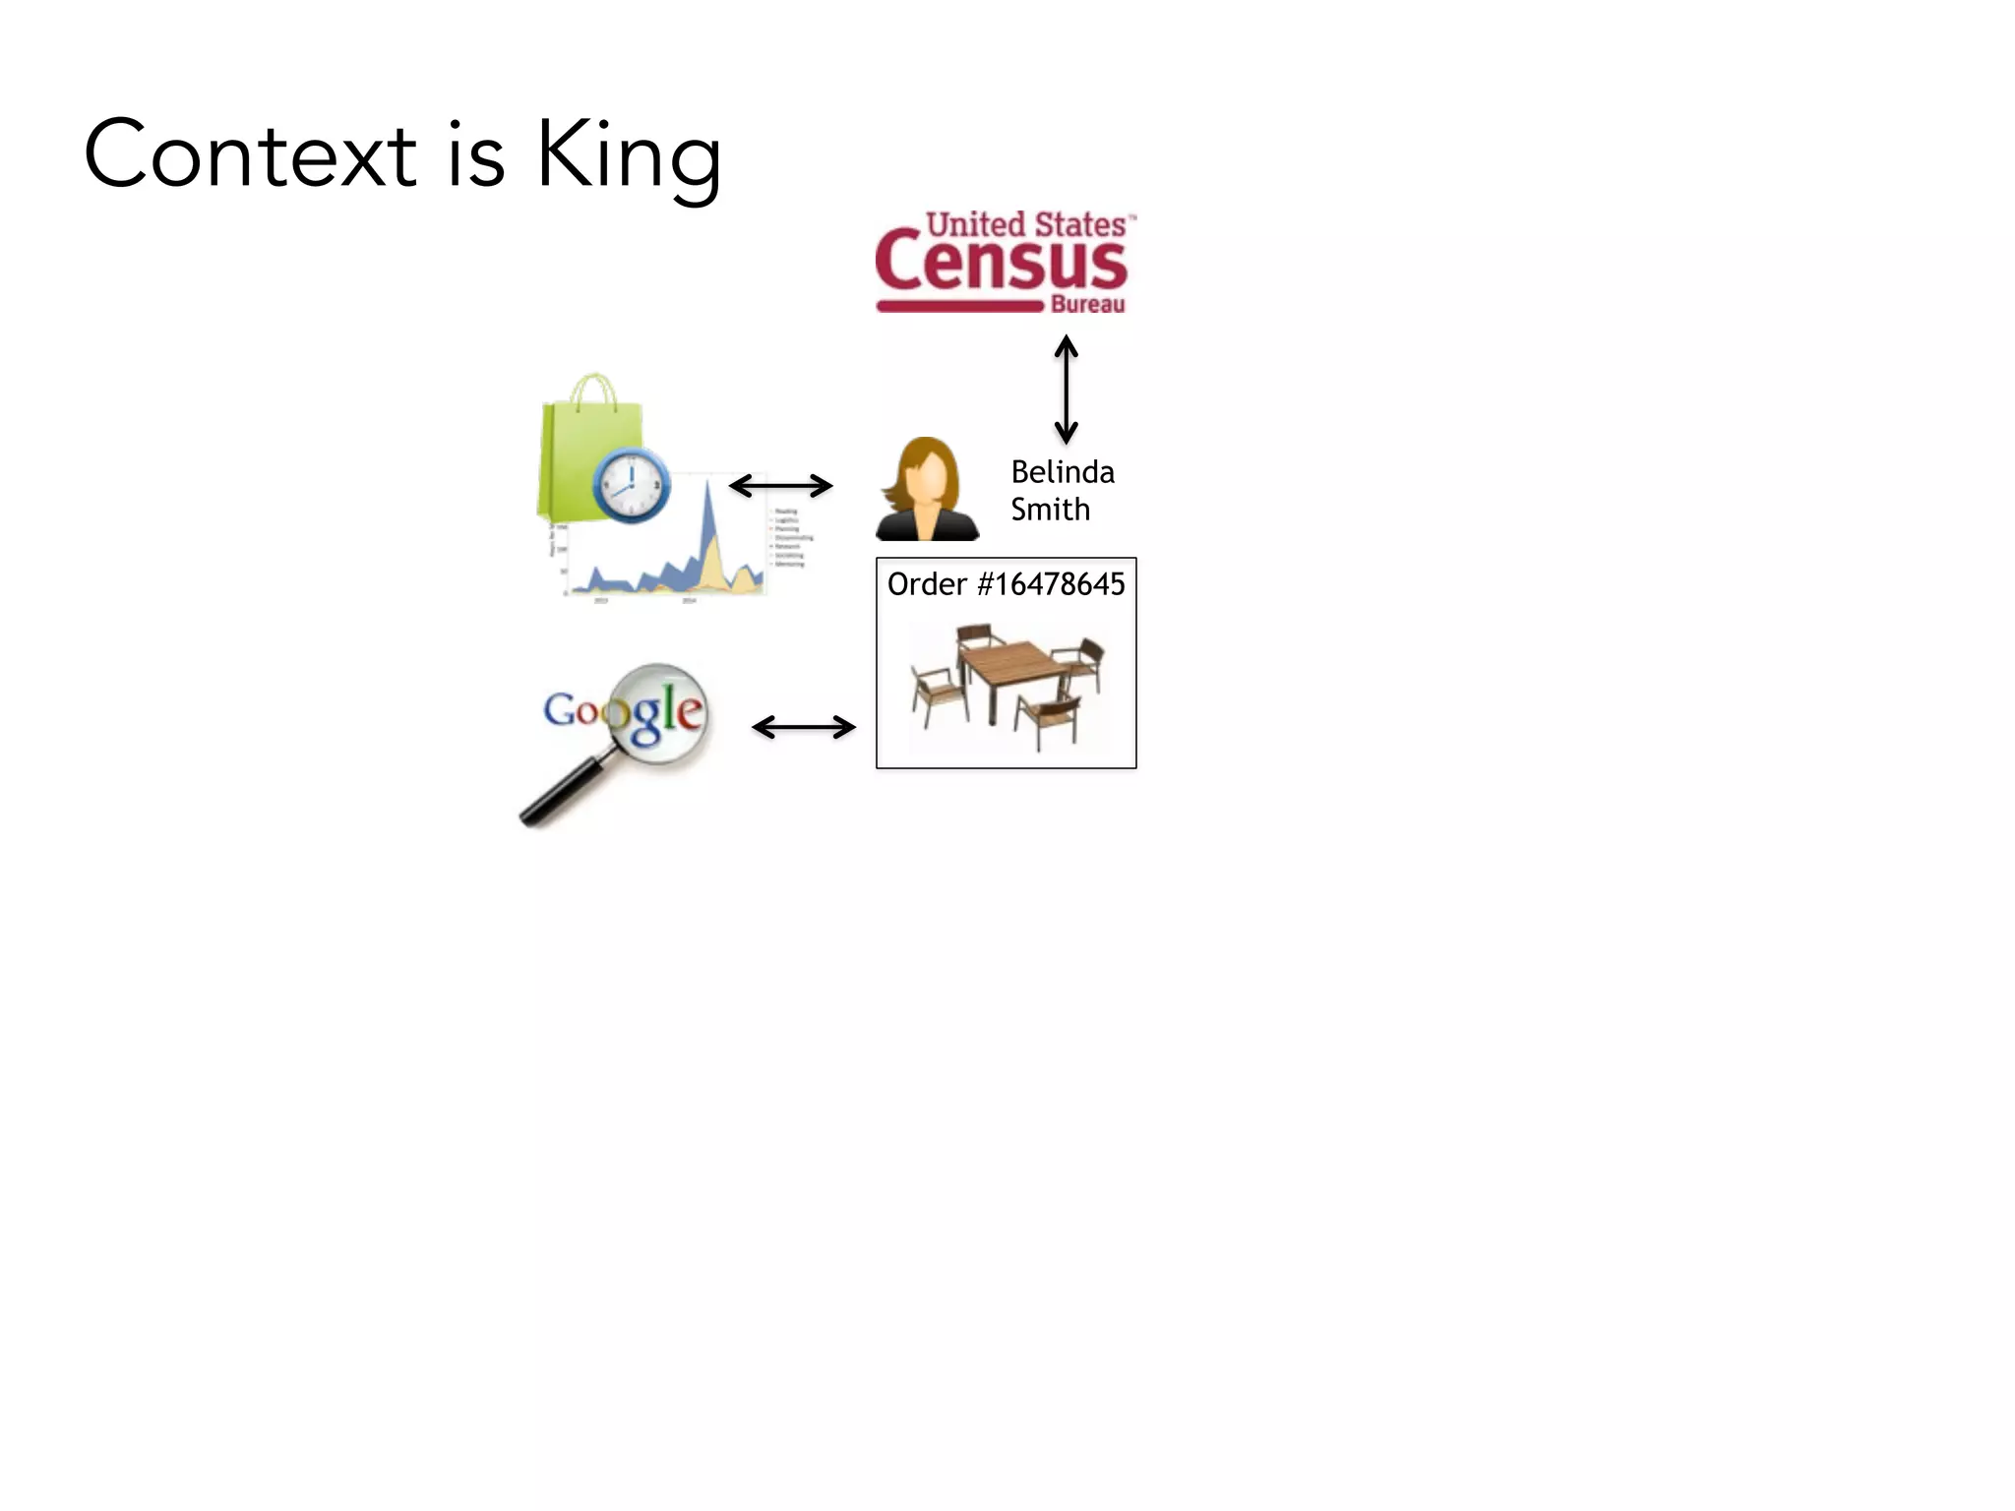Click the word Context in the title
coord(251,155)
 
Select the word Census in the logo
coord(1001,262)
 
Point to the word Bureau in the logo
coord(1087,305)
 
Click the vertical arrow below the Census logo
coord(1066,390)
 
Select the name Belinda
coord(1063,472)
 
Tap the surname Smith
coord(1050,510)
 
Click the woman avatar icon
coord(927,490)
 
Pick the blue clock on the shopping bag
coord(631,485)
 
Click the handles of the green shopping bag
coord(592,390)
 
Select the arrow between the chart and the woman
coord(780,485)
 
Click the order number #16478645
coord(1051,584)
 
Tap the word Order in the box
coord(927,584)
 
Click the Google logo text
coord(624,711)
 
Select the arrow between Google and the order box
coord(803,727)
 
